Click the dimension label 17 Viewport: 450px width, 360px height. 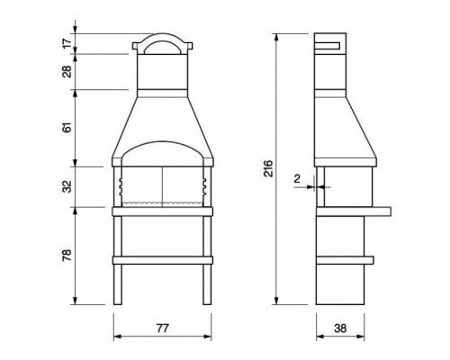click(x=68, y=42)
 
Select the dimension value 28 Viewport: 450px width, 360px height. click(x=67, y=72)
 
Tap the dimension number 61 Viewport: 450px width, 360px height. click(x=67, y=127)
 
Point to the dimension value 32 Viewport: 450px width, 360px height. click(x=67, y=186)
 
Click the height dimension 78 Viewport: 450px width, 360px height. click(x=67, y=255)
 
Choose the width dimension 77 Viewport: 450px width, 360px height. click(x=162, y=328)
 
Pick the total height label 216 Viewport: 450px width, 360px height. click(x=269, y=168)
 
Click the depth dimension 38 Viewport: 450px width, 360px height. click(x=340, y=328)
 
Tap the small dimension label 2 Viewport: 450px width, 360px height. click(x=297, y=179)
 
